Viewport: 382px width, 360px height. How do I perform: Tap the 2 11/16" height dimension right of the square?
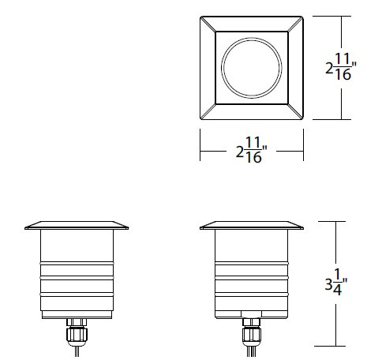point(339,66)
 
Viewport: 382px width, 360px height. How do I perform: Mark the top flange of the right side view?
point(252,226)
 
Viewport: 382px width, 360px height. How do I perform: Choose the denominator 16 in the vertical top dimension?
point(343,76)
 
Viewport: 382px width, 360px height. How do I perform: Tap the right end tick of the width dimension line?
point(304,150)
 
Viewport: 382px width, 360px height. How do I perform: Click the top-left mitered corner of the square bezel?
point(207,21)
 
